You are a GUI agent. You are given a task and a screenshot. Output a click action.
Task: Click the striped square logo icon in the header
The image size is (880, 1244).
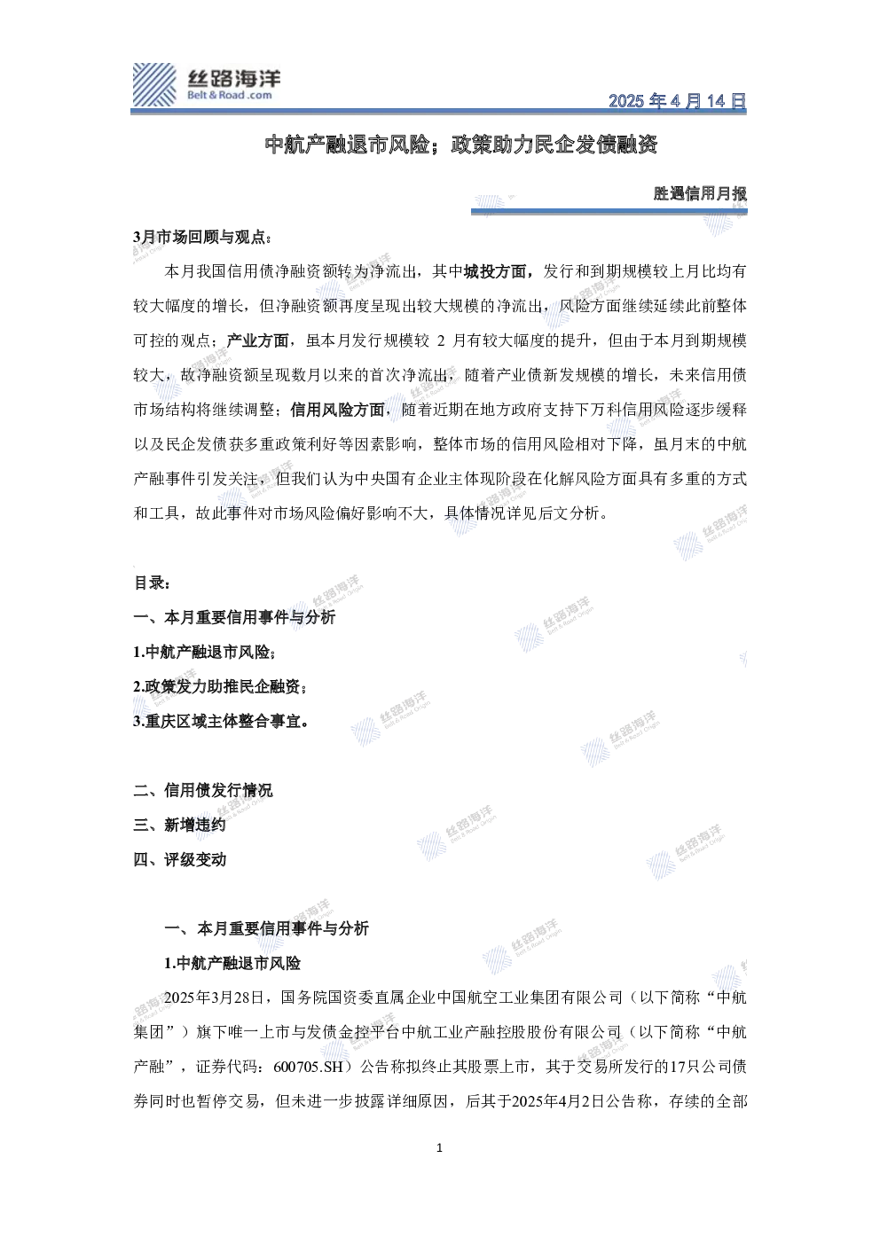tap(154, 84)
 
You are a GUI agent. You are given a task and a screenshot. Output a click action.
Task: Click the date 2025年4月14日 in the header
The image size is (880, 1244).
tap(677, 100)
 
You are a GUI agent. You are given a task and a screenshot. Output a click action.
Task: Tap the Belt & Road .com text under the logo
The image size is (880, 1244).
tap(230, 95)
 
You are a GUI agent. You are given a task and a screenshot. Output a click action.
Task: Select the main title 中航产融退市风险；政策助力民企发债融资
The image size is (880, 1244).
tap(461, 145)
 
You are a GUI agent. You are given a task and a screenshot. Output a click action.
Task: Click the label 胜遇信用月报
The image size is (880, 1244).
tap(700, 193)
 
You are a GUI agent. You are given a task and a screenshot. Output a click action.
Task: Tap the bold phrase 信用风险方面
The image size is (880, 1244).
tap(337, 410)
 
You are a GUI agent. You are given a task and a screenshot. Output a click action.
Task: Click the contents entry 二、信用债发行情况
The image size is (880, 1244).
tap(203, 790)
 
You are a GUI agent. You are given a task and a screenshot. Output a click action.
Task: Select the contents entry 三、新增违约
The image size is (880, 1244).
tap(179, 825)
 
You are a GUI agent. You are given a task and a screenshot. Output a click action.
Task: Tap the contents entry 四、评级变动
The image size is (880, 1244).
tap(179, 860)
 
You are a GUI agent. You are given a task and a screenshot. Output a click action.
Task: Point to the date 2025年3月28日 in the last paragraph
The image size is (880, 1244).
tap(214, 998)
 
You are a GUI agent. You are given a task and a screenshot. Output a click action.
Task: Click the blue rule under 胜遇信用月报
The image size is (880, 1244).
tap(609, 211)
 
